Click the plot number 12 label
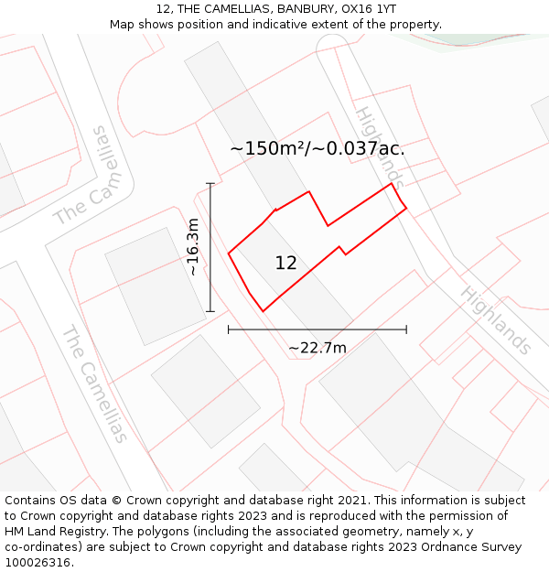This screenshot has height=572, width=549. pyautogui.click(x=285, y=264)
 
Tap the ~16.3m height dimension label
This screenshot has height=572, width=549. pyautogui.click(x=193, y=247)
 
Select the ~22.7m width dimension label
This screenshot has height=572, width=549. pyautogui.click(x=318, y=348)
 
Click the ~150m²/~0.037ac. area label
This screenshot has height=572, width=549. pyautogui.click(x=317, y=148)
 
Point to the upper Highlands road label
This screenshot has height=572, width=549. pyautogui.click(x=378, y=146)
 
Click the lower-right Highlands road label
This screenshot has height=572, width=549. pyautogui.click(x=495, y=319)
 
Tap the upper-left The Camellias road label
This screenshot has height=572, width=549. pyautogui.click(x=92, y=178)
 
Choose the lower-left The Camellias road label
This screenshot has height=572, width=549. pyautogui.click(x=94, y=383)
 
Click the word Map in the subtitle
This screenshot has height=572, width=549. pyautogui.click(x=123, y=25)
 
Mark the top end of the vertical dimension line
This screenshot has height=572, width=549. pyautogui.click(x=210, y=183)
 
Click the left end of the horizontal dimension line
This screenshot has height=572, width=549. pyautogui.click(x=229, y=329)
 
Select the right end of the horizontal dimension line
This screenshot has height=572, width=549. pyautogui.click(x=406, y=329)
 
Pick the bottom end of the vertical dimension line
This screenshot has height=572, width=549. pyautogui.click(x=210, y=311)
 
